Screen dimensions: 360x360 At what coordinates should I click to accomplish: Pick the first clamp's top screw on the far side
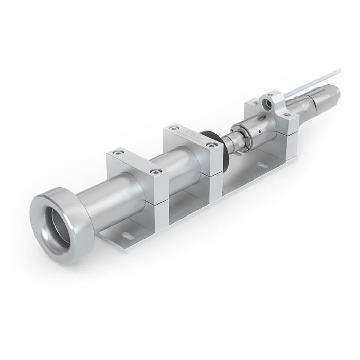click(x=119, y=153)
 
